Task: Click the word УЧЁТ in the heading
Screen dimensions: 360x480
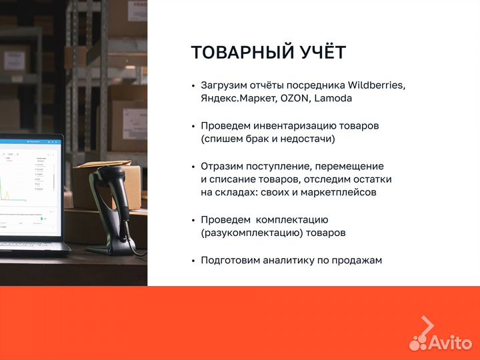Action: click(321, 53)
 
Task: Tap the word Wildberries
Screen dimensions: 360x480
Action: click(376, 85)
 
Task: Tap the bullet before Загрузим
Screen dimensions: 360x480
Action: click(193, 86)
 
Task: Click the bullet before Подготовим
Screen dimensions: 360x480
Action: click(193, 261)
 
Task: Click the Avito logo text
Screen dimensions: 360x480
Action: click(450, 342)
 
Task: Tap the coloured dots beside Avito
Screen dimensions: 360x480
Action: click(418, 342)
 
